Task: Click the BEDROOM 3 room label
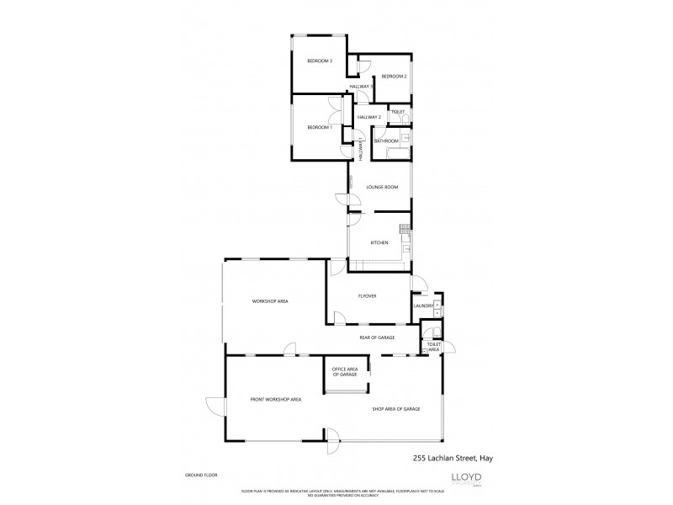click(x=320, y=61)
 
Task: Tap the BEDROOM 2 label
click(x=394, y=77)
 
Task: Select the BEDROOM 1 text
click(x=320, y=127)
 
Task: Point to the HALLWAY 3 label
click(x=362, y=87)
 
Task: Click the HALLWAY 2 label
click(x=369, y=117)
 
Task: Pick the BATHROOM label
click(x=386, y=141)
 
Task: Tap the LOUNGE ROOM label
click(x=382, y=187)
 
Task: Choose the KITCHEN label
click(x=379, y=242)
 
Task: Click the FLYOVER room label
click(x=366, y=296)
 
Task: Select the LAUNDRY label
click(x=422, y=305)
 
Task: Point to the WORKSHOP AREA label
click(x=271, y=300)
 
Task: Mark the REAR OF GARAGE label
click(x=377, y=337)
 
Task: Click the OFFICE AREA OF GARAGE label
click(x=345, y=371)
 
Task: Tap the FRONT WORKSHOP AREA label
click(x=275, y=399)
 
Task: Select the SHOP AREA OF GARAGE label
click(x=396, y=409)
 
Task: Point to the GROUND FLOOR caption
click(x=202, y=476)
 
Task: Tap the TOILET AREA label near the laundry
click(x=434, y=346)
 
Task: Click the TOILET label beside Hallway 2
click(x=398, y=112)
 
